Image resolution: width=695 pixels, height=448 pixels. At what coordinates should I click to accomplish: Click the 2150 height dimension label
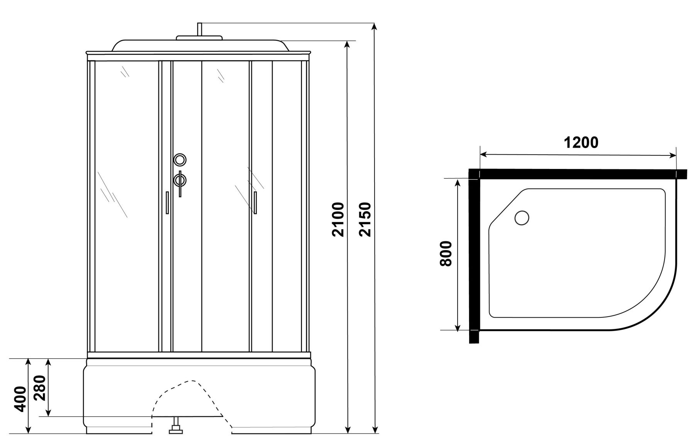[x=364, y=219]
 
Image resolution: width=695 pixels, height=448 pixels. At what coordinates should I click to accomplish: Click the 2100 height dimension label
[x=337, y=219]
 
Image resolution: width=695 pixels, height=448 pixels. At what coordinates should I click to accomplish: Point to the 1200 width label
[x=581, y=143]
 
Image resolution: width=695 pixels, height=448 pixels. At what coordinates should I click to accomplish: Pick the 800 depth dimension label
[x=446, y=254]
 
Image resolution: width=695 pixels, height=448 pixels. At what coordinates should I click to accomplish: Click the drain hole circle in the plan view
[x=522, y=218]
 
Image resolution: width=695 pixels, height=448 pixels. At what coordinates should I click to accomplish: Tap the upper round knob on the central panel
[x=180, y=159]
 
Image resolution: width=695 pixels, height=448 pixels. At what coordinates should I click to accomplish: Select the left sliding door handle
[x=167, y=202]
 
